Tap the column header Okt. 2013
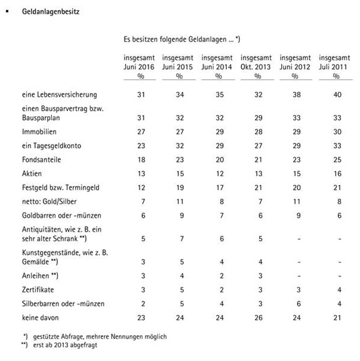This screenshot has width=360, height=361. point(256,67)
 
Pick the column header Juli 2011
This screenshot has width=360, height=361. point(334,67)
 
